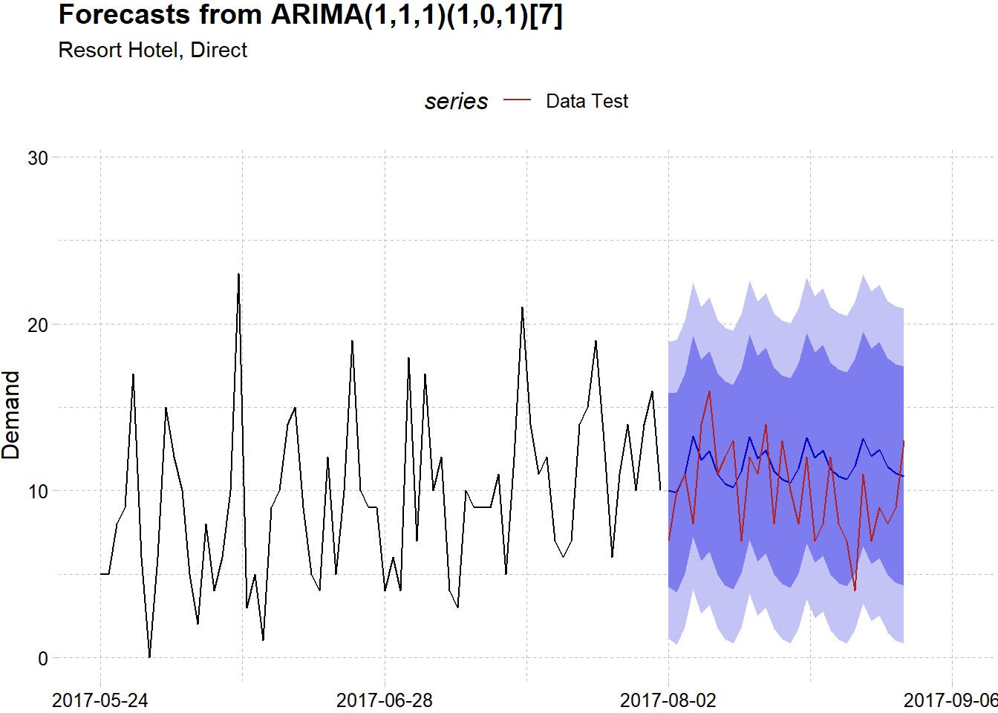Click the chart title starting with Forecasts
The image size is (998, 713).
[310, 15]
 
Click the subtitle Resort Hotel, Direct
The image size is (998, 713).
[152, 50]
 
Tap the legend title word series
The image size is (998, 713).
[456, 101]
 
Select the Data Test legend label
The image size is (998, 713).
[587, 101]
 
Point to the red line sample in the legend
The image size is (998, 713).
[518, 100]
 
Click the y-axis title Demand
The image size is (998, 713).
[11, 415]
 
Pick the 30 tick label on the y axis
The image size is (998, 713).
[38, 157]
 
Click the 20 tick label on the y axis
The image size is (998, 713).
[38, 325]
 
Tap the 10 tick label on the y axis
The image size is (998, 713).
[38, 491]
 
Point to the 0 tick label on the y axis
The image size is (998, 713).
[43, 658]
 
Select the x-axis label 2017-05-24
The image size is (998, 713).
[100, 700]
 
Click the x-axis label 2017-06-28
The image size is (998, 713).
[385, 700]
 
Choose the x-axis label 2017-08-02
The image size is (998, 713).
[668, 700]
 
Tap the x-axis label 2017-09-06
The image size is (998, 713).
[950, 700]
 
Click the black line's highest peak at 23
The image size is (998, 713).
[238, 274]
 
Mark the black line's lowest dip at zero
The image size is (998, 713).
[149, 657]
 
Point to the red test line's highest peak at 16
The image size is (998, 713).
[709, 391]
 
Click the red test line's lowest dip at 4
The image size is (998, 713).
[855, 590]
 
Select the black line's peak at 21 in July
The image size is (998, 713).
[522, 307]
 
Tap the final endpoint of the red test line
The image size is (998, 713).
[904, 441]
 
